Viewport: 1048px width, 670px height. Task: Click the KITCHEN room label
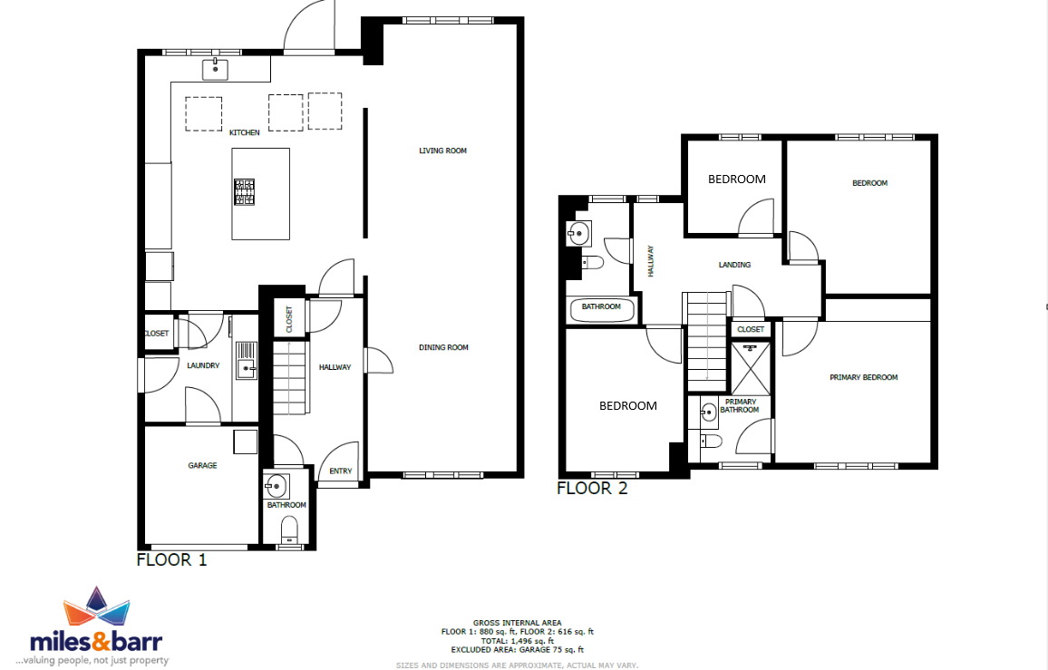(245, 132)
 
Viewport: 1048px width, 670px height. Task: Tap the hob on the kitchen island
(244, 192)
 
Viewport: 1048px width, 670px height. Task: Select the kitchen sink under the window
(215, 69)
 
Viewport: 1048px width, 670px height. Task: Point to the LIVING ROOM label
(442, 151)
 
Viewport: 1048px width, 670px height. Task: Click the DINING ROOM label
(443, 347)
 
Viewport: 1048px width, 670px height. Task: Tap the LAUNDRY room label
(203, 365)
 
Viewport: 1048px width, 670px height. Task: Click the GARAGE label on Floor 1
(202, 465)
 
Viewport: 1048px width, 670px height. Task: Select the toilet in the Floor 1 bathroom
(288, 532)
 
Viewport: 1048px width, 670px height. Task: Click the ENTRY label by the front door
(341, 471)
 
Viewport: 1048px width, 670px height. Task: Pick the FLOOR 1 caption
(171, 559)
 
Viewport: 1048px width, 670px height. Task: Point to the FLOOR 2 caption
(592, 488)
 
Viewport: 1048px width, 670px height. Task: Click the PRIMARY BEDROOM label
(864, 377)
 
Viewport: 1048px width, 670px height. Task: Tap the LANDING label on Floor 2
(734, 265)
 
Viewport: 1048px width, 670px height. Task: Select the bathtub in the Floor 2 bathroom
(602, 310)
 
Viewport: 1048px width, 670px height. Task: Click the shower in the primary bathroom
(751, 368)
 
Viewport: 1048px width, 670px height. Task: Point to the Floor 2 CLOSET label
(751, 329)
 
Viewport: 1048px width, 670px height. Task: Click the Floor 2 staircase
(707, 341)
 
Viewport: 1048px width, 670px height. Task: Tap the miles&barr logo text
(96, 642)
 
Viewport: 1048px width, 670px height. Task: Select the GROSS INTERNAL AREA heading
(518, 623)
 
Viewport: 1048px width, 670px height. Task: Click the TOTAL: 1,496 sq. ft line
(518, 641)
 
